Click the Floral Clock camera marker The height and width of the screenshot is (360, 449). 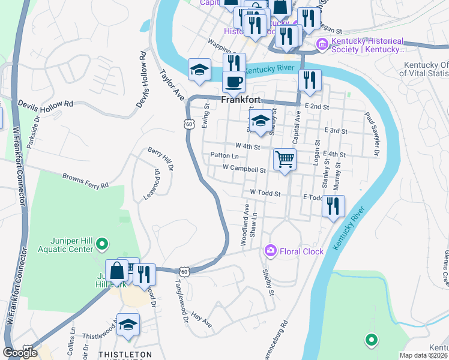[271, 251]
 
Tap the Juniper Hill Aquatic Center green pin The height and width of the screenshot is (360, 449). [102, 244]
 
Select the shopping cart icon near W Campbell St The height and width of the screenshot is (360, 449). [285, 160]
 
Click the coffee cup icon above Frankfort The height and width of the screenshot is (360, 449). [233, 81]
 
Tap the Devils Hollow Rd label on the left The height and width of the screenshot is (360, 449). [45, 103]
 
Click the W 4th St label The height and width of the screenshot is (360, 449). [248, 146]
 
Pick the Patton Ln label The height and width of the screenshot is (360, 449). [225, 155]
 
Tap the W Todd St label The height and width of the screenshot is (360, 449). [265, 194]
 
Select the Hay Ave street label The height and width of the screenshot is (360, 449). [202, 319]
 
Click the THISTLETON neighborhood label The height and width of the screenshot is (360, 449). [125, 355]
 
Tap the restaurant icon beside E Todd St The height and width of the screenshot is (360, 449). [333, 206]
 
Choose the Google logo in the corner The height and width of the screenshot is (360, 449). [20, 352]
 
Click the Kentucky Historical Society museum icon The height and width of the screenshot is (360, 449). [322, 44]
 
